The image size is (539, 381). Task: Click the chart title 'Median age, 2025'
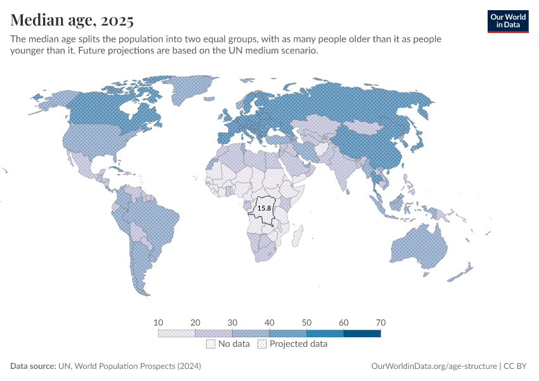tap(72, 20)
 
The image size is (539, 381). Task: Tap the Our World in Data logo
tap(507, 21)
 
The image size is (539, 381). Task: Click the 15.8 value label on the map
tap(263, 208)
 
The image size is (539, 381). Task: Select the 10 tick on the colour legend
tap(158, 323)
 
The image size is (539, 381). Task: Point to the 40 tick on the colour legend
tap(269, 323)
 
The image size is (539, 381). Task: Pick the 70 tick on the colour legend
tap(380, 323)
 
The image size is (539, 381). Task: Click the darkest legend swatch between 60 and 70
tap(362, 333)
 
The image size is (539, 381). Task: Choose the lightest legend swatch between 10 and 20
tap(176, 333)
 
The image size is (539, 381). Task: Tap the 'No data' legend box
tap(211, 344)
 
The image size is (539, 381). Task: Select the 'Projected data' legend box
tap(262, 344)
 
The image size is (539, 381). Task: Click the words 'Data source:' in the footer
tap(33, 366)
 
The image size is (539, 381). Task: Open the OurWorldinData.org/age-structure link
tap(433, 366)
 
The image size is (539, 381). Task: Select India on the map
tap(346, 168)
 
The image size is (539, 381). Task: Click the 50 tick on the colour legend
tap(306, 323)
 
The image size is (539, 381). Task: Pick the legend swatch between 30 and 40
tap(250, 333)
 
